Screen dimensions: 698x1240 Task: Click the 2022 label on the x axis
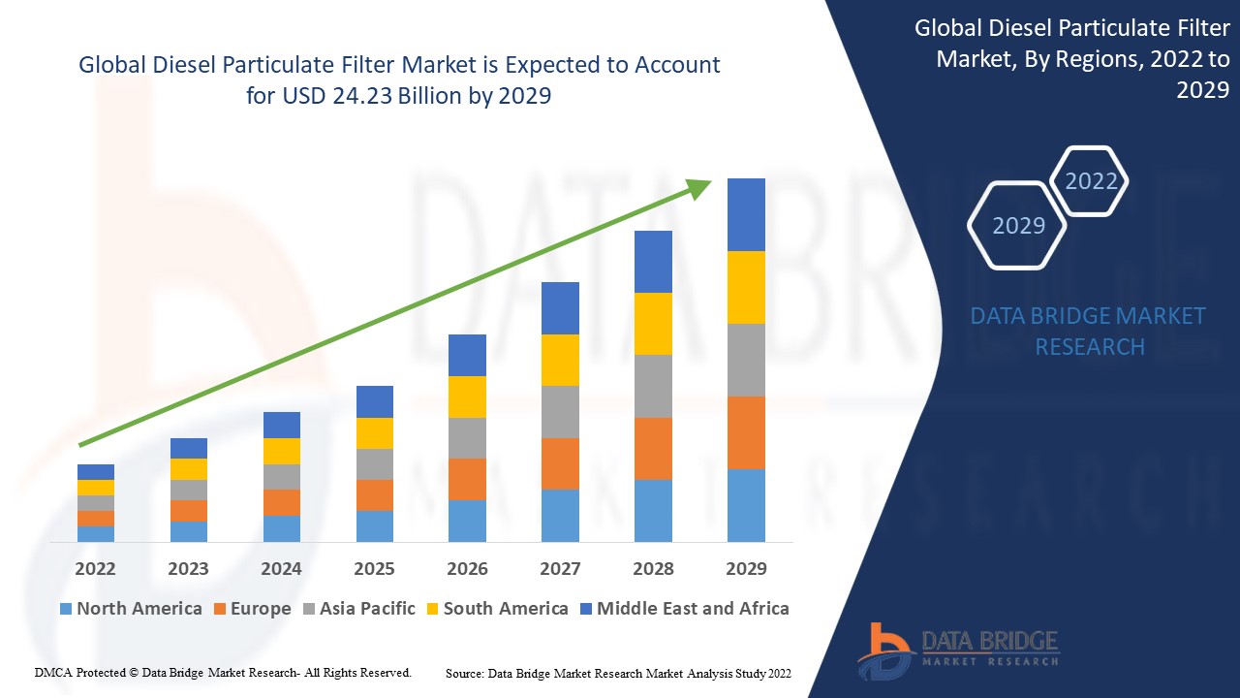tap(95, 568)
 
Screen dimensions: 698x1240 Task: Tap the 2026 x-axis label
tap(467, 568)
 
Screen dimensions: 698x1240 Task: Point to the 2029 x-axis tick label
tap(746, 568)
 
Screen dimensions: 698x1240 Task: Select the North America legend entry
tap(131, 609)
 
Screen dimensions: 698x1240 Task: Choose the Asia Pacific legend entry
tap(359, 609)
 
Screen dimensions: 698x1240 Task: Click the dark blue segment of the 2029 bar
tap(746, 214)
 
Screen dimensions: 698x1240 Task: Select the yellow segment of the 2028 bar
tap(653, 324)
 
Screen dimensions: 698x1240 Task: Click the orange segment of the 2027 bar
tap(560, 463)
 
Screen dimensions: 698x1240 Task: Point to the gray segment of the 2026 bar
tap(467, 438)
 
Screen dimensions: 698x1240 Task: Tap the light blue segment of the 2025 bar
tap(375, 525)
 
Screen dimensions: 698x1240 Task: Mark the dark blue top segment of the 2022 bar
tap(96, 472)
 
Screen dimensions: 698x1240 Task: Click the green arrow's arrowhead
tap(699, 187)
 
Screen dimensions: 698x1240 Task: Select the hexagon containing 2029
tap(1018, 225)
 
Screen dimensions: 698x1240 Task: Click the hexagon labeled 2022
tap(1091, 181)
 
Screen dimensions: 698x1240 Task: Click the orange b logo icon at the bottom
tap(883, 650)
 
